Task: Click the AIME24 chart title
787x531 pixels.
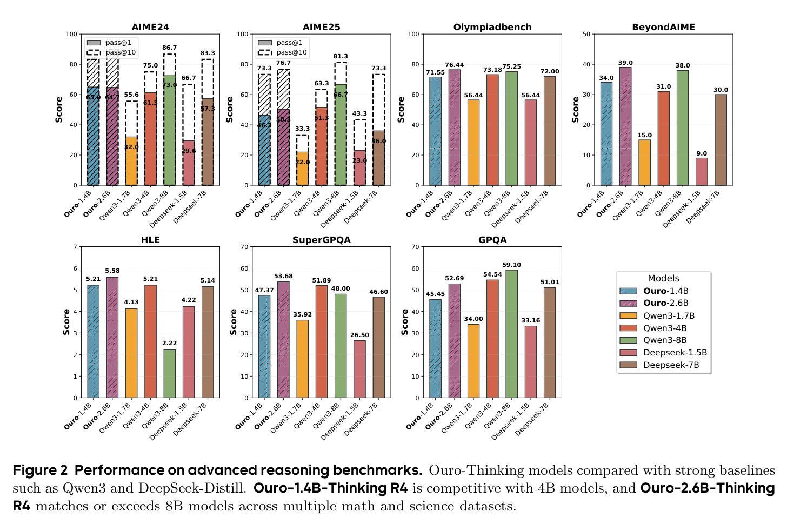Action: coord(150,27)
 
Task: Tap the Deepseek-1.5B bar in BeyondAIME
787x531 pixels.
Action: coord(701,171)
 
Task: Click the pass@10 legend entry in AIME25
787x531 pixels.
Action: coord(282,52)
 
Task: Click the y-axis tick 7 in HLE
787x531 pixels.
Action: coord(75,247)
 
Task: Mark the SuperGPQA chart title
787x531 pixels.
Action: coord(322,240)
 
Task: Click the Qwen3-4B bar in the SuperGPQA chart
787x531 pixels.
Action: coord(321,341)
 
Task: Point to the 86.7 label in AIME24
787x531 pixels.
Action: coord(169,48)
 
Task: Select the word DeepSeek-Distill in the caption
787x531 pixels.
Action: coord(192,488)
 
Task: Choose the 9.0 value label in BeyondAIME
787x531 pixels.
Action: coord(701,153)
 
